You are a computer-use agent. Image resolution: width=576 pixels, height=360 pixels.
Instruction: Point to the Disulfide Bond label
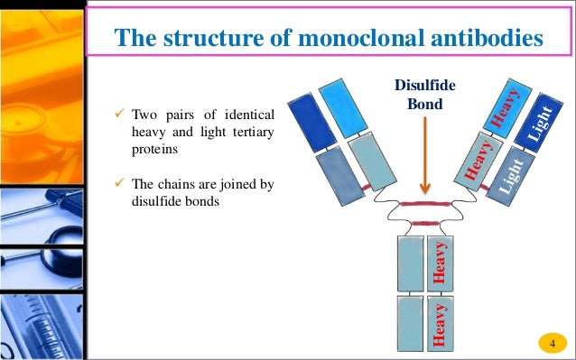point(426,93)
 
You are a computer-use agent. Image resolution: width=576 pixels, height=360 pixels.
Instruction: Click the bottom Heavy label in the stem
point(440,324)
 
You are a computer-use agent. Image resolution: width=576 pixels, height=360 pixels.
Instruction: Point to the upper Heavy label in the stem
point(440,263)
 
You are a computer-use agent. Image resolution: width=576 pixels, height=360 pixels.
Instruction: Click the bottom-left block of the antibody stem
point(410,322)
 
